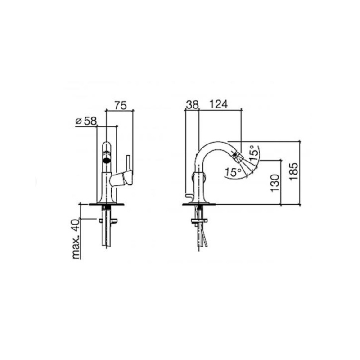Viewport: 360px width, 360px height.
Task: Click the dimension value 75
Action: tap(121, 105)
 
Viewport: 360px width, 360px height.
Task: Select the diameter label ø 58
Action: tap(86, 121)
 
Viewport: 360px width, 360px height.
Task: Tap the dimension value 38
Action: tap(192, 105)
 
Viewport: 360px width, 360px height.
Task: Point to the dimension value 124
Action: tap(219, 104)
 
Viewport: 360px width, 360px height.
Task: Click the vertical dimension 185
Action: tap(294, 172)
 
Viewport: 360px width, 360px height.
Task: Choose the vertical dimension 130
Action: tap(275, 183)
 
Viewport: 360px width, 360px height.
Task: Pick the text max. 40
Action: tap(76, 239)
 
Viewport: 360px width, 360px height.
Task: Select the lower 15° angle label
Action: tap(233, 172)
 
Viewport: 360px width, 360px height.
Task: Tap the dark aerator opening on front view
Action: tap(106, 161)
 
